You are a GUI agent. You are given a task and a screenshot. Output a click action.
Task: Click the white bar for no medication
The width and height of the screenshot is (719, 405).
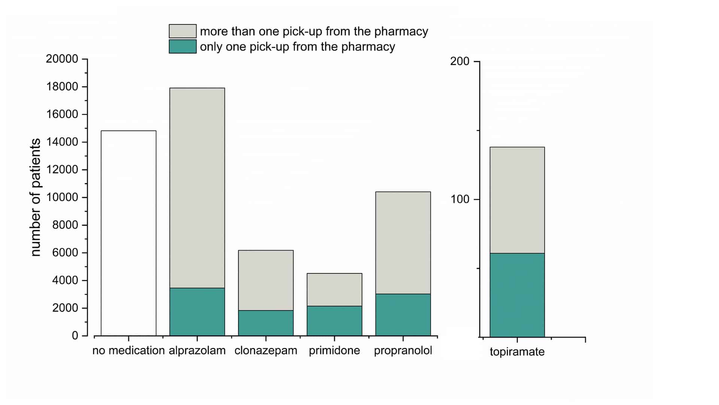(x=128, y=233)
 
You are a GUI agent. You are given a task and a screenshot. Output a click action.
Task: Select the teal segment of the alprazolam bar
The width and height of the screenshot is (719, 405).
(x=197, y=312)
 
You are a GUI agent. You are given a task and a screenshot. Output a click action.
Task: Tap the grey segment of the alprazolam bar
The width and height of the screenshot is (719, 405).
(x=197, y=187)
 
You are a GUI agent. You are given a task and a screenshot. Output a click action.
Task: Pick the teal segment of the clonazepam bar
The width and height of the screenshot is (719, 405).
(x=266, y=323)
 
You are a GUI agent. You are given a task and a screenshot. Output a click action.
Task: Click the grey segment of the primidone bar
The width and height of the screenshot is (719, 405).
(x=334, y=289)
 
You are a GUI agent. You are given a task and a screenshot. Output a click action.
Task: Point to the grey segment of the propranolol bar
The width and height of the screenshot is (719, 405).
(x=403, y=243)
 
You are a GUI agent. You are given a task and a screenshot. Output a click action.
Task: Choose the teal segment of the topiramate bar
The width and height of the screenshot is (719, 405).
(x=517, y=295)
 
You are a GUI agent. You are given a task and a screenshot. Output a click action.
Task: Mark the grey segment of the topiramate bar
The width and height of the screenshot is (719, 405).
(x=517, y=200)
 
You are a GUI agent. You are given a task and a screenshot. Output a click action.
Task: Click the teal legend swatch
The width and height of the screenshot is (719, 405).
(x=182, y=46)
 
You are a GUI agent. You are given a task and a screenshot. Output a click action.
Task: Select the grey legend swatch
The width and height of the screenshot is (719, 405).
(x=182, y=31)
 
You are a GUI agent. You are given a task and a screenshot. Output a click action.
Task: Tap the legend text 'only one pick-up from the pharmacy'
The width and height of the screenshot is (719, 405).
(x=297, y=47)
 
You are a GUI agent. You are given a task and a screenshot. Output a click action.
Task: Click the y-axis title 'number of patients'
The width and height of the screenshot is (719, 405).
(x=35, y=197)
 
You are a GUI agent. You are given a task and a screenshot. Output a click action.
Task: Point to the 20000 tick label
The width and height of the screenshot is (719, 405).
(x=62, y=59)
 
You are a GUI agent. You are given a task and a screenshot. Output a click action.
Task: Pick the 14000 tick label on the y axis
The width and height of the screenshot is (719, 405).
(x=62, y=142)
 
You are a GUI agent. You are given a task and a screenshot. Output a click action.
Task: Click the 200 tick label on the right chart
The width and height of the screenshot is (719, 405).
(x=459, y=61)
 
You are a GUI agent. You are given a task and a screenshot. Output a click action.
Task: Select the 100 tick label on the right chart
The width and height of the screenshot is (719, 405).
(x=459, y=199)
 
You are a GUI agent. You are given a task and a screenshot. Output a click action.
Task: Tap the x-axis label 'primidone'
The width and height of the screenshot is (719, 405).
(x=334, y=350)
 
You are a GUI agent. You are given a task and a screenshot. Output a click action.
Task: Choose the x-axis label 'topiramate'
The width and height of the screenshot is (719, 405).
(x=517, y=352)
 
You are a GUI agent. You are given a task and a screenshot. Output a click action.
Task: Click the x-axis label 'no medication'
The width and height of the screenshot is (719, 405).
(x=128, y=350)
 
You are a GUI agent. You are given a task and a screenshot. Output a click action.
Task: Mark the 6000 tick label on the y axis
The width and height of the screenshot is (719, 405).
(x=65, y=252)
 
